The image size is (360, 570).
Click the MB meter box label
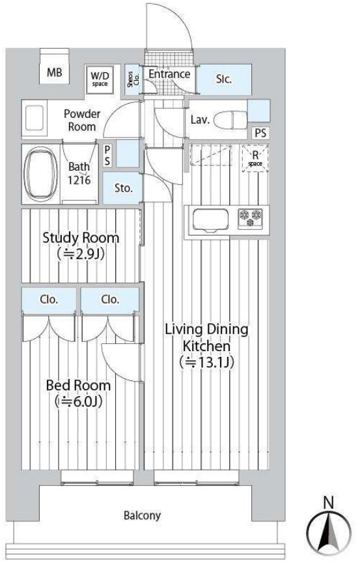pyautogui.click(x=55, y=72)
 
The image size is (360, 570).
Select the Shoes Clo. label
pyautogui.click(x=133, y=79)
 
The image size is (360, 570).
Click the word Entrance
pyautogui.click(x=169, y=74)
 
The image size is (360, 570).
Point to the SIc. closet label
pyautogui.click(x=224, y=79)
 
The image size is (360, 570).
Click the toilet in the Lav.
pyautogui.click(x=230, y=120)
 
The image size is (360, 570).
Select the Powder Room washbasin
pyautogui.click(x=35, y=118)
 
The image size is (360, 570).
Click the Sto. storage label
pyautogui.click(x=123, y=188)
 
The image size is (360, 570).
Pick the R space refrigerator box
pyautogui.click(x=255, y=158)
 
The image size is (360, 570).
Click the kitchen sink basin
pyautogui.click(x=211, y=220)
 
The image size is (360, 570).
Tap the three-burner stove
pyautogui.click(x=250, y=218)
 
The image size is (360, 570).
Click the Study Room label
pyautogui.click(x=81, y=238)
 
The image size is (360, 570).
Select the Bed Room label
pyautogui.click(x=78, y=385)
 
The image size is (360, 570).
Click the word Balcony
pyautogui.click(x=142, y=515)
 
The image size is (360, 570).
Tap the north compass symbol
pyautogui.click(x=328, y=526)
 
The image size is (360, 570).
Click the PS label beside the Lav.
pyautogui.click(x=260, y=133)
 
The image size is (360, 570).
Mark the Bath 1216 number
pyautogui.click(x=79, y=180)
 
